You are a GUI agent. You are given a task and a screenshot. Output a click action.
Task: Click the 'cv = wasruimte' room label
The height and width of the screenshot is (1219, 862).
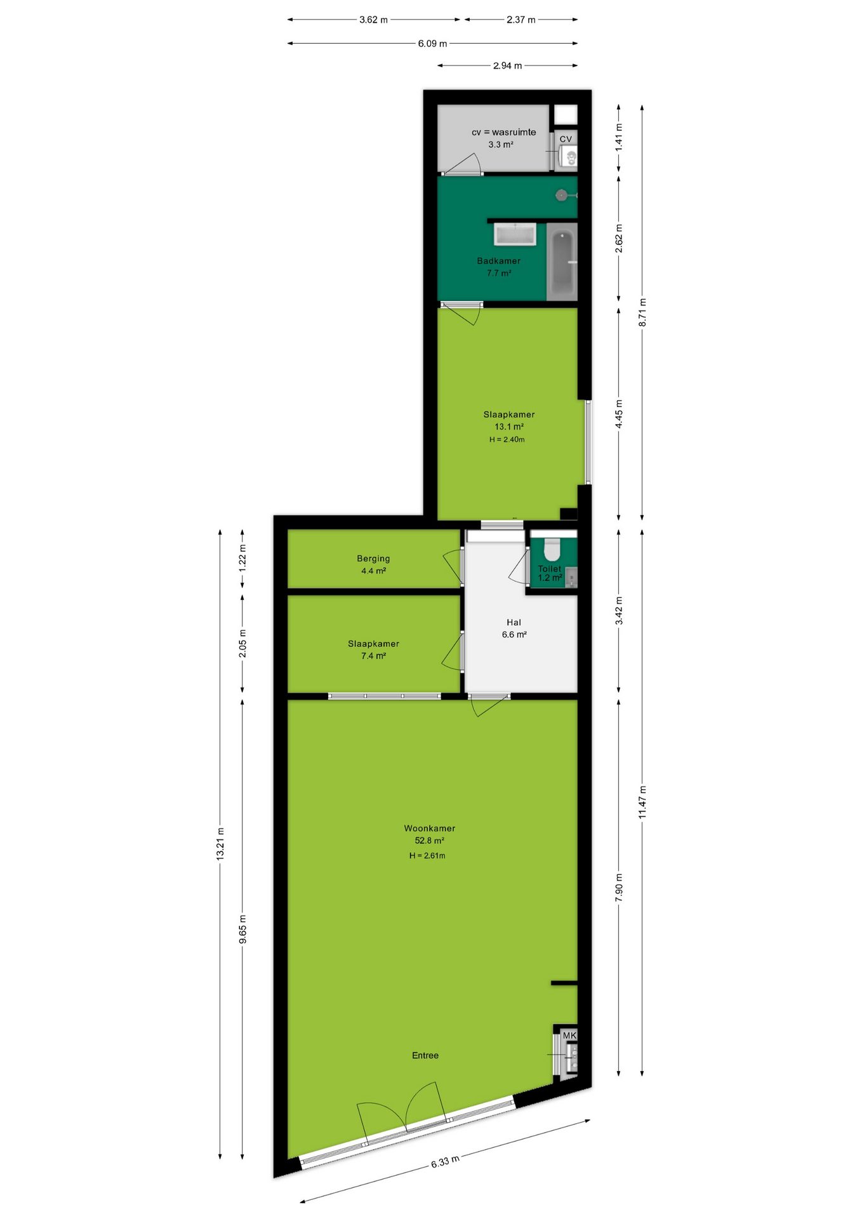(x=503, y=132)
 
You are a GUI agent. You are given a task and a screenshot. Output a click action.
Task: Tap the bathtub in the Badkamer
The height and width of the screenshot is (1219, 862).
(x=562, y=262)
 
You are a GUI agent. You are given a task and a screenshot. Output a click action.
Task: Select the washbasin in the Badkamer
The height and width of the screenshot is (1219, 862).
(x=515, y=234)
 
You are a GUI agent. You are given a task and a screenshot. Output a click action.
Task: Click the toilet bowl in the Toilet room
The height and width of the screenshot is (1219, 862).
(x=552, y=550)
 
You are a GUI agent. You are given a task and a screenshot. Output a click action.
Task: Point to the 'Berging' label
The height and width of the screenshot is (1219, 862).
(x=373, y=559)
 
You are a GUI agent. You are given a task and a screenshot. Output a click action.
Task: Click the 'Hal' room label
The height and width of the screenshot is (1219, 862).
(x=514, y=622)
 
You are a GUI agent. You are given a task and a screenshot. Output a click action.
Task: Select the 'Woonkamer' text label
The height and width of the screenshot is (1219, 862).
(x=430, y=828)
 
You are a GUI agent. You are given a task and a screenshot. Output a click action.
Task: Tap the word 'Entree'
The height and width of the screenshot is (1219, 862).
(x=425, y=1055)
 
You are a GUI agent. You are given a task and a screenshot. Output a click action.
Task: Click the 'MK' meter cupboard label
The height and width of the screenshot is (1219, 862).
(x=569, y=1036)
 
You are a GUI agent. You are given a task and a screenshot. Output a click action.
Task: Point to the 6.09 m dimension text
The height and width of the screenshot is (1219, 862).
(x=432, y=44)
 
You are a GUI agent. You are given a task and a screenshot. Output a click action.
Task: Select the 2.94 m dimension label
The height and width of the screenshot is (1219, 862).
(x=507, y=65)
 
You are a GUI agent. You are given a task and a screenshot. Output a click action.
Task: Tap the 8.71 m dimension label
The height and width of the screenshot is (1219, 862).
(x=642, y=312)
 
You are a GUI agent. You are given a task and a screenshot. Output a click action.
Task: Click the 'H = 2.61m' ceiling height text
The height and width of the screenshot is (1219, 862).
(x=427, y=855)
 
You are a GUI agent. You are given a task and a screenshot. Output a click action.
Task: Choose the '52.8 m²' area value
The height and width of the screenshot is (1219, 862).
(x=430, y=841)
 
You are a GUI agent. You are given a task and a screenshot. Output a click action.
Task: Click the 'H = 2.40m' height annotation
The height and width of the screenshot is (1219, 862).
(x=507, y=439)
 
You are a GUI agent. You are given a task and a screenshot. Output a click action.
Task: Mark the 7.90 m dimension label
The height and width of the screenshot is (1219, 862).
(x=619, y=887)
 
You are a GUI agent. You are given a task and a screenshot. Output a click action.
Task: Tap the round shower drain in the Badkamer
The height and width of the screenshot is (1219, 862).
(x=562, y=195)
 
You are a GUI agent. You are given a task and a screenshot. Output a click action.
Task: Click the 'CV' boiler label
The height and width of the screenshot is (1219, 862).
(x=566, y=139)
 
